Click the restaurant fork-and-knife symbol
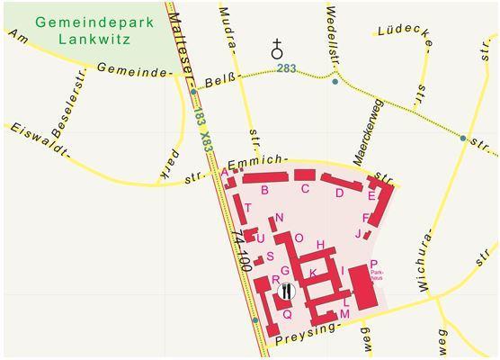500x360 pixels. pyautogui.click(x=286, y=291)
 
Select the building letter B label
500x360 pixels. pyautogui.click(x=264, y=190)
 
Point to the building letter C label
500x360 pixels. pyautogui.click(x=305, y=188)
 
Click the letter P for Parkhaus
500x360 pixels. pyautogui.click(x=373, y=264)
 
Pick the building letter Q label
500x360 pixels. pyautogui.click(x=287, y=314)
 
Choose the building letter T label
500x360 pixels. pyautogui.click(x=247, y=208)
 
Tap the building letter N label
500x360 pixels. pyautogui.click(x=280, y=217)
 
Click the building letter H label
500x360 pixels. pyautogui.click(x=320, y=245)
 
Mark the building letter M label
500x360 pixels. pyautogui.click(x=344, y=314)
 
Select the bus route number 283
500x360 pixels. pyautogui.click(x=286, y=68)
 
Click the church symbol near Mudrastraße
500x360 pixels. pyautogui.click(x=277, y=49)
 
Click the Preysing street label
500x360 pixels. pyautogui.click(x=308, y=334)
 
